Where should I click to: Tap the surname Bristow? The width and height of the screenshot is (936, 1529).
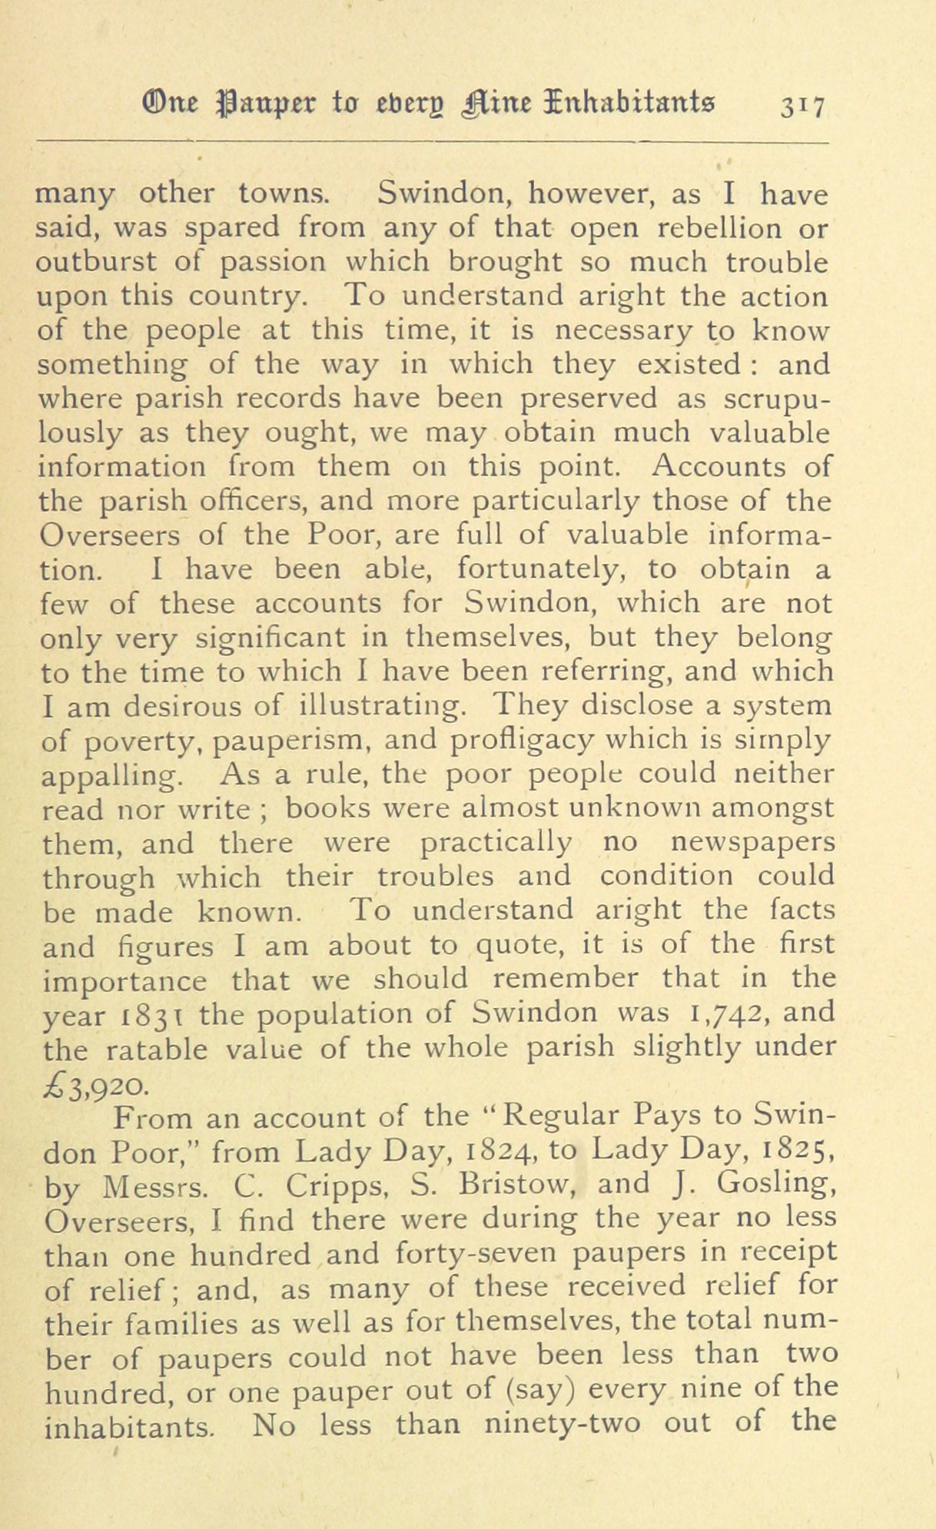pos(517,1184)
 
